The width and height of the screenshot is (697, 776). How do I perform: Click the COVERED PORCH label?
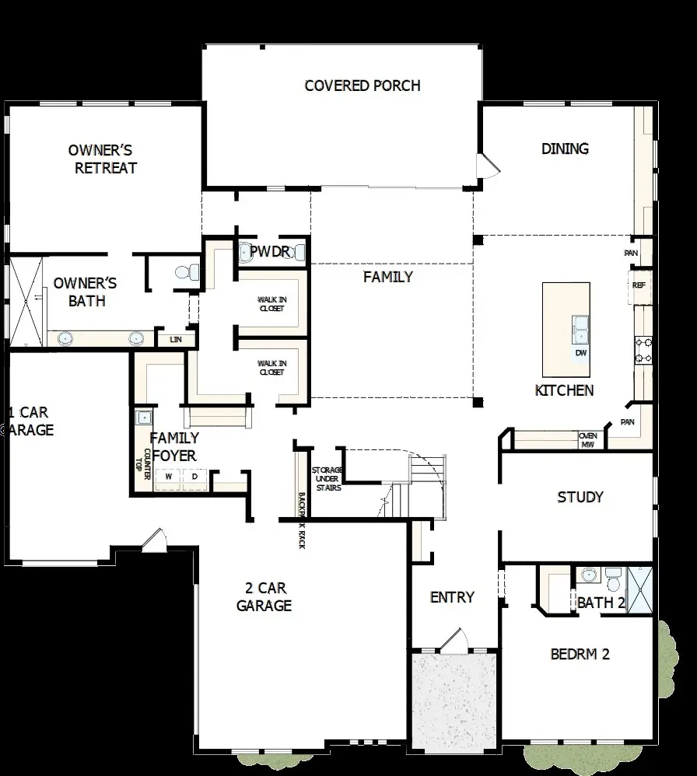tap(363, 86)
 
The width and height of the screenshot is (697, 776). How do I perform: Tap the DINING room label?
tap(565, 149)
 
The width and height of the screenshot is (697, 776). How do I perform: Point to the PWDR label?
tap(269, 252)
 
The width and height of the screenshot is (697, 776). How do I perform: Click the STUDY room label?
tap(580, 498)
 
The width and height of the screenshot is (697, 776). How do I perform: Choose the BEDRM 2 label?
tap(580, 654)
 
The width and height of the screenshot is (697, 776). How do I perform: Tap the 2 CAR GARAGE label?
tap(264, 596)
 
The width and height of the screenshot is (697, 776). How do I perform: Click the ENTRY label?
tap(452, 597)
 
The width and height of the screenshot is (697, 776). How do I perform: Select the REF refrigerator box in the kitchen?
tap(639, 285)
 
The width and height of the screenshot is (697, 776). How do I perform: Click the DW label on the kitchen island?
tap(580, 353)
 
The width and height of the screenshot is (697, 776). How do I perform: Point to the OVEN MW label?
tap(588, 441)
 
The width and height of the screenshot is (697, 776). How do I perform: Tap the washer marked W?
tap(167, 477)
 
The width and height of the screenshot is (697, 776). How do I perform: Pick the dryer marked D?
tap(194, 477)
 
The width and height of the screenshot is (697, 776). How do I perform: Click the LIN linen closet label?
tap(176, 340)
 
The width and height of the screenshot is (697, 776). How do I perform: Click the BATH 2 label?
tap(601, 603)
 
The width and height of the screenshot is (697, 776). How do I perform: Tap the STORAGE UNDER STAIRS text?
tap(326, 479)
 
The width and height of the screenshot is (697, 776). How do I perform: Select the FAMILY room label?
tap(388, 277)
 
